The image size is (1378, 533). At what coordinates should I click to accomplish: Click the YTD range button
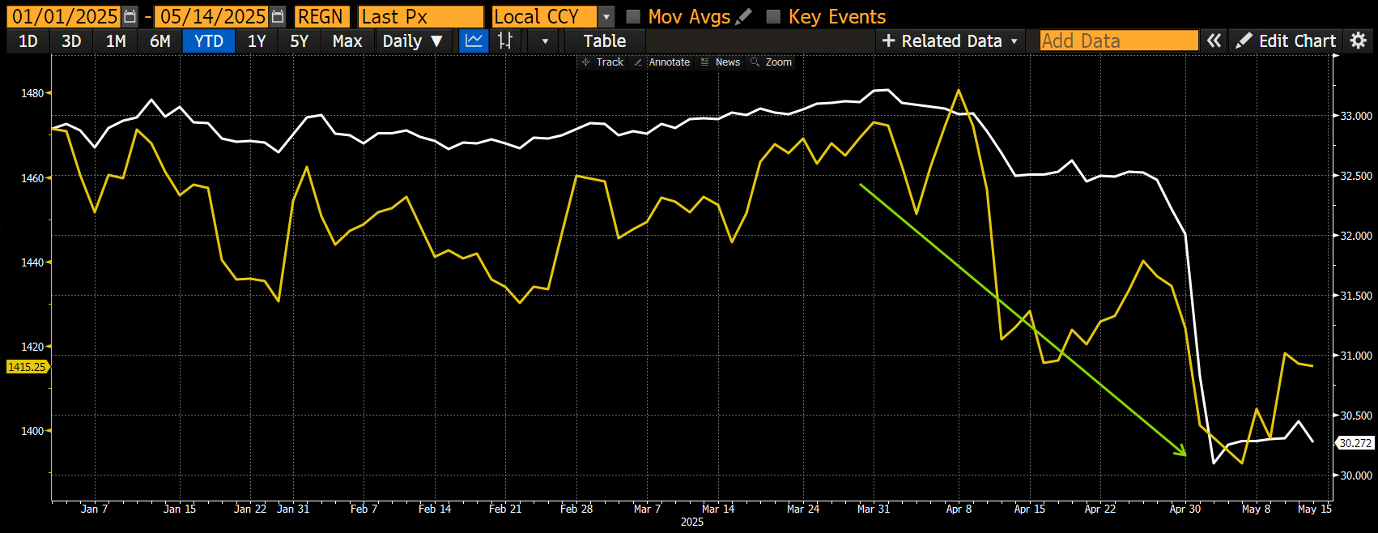[x=209, y=41]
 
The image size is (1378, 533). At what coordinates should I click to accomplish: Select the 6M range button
[x=160, y=41]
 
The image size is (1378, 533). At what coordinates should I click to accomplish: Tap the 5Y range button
[x=300, y=41]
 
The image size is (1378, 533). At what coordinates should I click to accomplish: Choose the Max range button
[x=347, y=41]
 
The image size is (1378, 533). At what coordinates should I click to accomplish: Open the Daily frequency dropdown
[x=412, y=41]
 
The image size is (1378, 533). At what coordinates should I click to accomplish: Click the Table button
[x=604, y=41]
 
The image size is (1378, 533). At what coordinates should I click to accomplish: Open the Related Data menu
[x=950, y=41]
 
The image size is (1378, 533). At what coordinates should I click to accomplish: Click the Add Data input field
[x=1118, y=41]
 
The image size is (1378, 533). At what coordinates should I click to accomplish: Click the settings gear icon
[x=1358, y=41]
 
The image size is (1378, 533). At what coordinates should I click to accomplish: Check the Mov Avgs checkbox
[x=634, y=17]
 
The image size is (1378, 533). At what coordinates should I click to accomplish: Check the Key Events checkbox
[x=774, y=17]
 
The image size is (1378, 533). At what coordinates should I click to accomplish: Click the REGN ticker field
[x=321, y=17]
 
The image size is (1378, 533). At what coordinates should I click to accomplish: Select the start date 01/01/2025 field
[x=65, y=17]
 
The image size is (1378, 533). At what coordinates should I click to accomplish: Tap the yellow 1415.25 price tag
[x=27, y=367]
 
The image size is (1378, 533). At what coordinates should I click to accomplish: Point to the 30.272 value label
[x=1355, y=443]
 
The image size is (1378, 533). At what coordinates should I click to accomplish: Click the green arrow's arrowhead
[x=1183, y=452]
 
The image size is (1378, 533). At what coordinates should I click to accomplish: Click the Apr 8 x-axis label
[x=959, y=509]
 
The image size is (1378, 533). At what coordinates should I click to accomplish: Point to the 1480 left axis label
[x=32, y=93]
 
